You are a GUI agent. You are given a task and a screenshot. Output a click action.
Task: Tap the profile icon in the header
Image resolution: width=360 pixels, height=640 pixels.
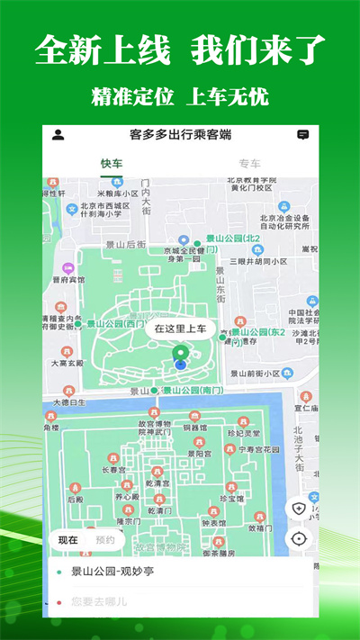(58, 135)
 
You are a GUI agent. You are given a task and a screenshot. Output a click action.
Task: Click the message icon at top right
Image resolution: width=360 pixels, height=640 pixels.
(302, 135)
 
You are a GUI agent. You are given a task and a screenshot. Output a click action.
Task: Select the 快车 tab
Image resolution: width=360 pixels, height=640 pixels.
(112, 164)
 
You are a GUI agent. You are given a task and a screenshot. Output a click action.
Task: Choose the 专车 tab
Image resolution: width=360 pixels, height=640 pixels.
(249, 164)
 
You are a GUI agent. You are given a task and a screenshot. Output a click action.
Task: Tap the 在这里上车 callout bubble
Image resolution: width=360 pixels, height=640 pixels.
(180, 329)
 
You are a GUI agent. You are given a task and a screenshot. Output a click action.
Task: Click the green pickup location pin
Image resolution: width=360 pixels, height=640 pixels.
(180, 352)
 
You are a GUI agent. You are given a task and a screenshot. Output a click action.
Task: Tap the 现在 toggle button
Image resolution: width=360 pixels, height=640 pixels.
(68, 540)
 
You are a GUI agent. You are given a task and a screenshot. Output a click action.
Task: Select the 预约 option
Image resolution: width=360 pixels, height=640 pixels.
(104, 540)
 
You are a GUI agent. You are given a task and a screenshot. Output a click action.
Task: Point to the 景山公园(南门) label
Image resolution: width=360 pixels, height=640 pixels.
(192, 391)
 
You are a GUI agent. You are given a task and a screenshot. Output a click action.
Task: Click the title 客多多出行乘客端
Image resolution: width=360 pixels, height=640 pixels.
(180, 135)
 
